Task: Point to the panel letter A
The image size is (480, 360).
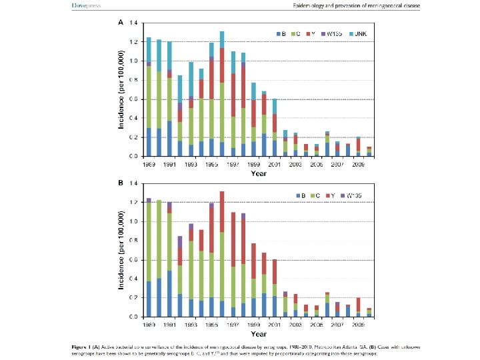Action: click(x=120, y=22)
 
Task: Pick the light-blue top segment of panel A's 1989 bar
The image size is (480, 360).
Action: click(x=149, y=51)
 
